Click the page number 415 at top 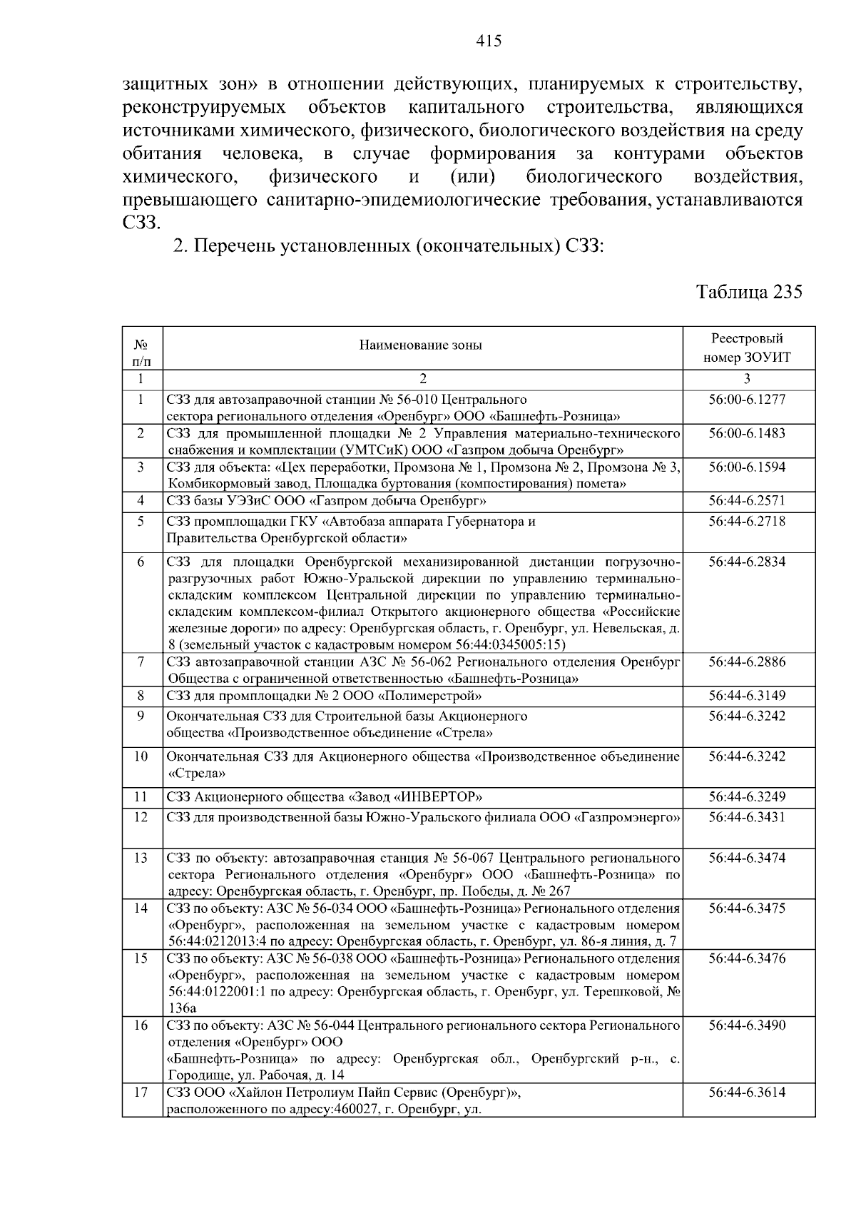[489, 41]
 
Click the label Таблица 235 [749, 292]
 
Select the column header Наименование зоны [421, 345]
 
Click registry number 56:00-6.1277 [747, 400]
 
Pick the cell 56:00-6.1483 [747, 433]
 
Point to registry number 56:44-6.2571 [747, 501]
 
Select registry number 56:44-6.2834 [747, 562]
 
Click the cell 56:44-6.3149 [747, 695]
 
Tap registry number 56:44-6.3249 [747, 796]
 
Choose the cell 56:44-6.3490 [747, 1025]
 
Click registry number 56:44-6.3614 [747, 1093]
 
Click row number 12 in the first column [141, 816]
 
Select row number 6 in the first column [141, 562]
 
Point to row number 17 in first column [141, 1093]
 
